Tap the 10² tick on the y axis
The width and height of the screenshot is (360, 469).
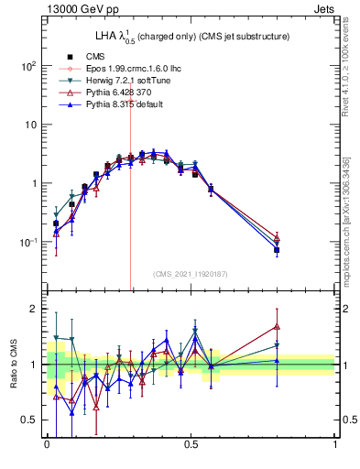pos(28,66)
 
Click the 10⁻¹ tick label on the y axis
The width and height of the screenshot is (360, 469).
pos(28,242)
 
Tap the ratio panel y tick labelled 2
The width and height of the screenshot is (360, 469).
pos(33,309)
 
